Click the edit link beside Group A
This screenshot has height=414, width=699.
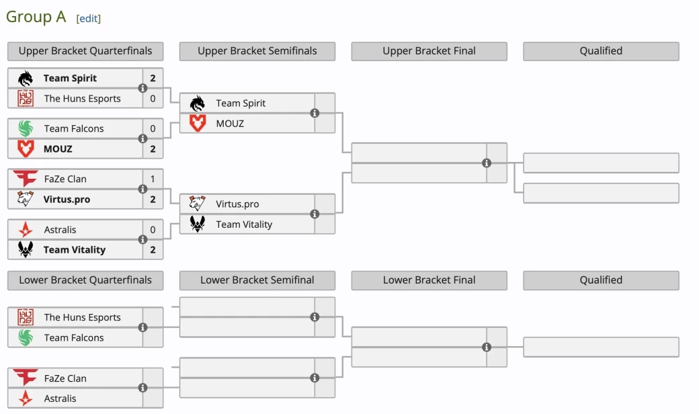(x=89, y=19)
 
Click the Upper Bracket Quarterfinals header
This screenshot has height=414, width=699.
(x=85, y=51)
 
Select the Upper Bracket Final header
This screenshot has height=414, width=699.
(x=429, y=51)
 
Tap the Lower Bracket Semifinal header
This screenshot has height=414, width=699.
(x=257, y=280)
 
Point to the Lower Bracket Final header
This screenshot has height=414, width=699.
(x=429, y=280)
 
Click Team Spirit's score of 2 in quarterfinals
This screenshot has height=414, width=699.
(x=153, y=79)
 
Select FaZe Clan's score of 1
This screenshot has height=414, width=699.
(x=153, y=179)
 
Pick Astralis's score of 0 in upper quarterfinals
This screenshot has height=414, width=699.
(x=153, y=230)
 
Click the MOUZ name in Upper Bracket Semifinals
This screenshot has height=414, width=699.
(x=230, y=124)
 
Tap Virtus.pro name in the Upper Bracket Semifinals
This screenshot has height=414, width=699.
(x=237, y=204)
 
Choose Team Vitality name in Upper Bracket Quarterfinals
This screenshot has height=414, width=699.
(x=74, y=250)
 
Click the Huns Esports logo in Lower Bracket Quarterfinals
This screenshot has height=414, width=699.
(x=26, y=317)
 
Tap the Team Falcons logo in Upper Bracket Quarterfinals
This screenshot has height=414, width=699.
(x=26, y=128)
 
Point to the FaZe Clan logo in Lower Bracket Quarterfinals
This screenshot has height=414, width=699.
(x=26, y=378)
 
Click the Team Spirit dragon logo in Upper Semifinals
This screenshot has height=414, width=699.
(x=198, y=103)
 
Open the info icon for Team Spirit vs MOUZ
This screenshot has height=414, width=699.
(x=315, y=113)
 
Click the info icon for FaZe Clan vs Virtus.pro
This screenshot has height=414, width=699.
(x=142, y=190)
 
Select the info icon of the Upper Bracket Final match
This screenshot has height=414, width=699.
(x=487, y=163)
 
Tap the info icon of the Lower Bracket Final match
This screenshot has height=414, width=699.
(x=487, y=347)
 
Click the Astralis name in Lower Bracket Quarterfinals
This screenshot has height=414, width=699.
(x=60, y=399)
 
